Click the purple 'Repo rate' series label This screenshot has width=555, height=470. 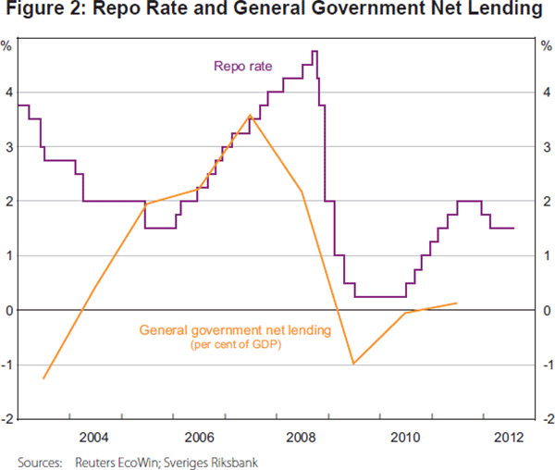(243, 66)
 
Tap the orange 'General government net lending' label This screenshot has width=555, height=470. (234, 329)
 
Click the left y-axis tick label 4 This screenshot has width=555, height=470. (8, 93)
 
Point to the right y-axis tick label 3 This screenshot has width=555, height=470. (547, 147)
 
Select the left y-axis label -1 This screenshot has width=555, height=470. (6, 365)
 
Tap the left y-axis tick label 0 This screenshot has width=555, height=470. (8, 310)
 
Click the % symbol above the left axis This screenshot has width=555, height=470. (7, 45)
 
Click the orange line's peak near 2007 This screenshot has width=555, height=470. (251, 116)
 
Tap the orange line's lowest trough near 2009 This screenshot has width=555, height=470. (353, 364)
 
